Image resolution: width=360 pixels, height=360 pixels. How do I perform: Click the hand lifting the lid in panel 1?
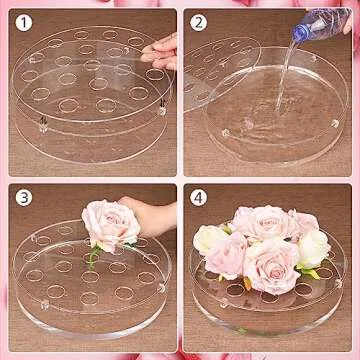(x=163, y=50)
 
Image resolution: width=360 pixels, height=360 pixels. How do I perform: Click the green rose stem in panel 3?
(x=92, y=259)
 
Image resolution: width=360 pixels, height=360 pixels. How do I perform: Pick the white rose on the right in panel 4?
(x=313, y=248)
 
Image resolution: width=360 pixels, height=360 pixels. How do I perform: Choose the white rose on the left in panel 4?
(x=210, y=240)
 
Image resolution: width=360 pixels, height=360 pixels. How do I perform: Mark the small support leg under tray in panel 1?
(x=45, y=125)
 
